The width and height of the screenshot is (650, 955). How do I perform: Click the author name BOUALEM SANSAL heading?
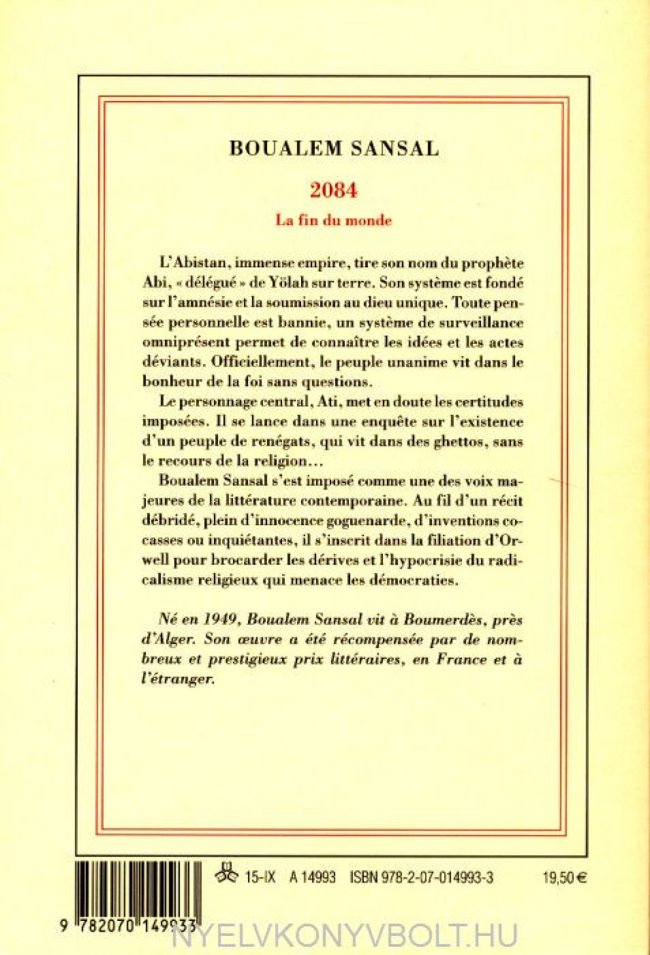click(x=334, y=149)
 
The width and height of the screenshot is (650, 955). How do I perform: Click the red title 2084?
click(x=333, y=190)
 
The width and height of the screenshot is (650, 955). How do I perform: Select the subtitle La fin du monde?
click(x=333, y=220)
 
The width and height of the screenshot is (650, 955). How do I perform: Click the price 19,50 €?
click(x=565, y=877)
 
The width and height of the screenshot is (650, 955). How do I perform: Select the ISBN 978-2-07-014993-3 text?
click(x=422, y=877)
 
